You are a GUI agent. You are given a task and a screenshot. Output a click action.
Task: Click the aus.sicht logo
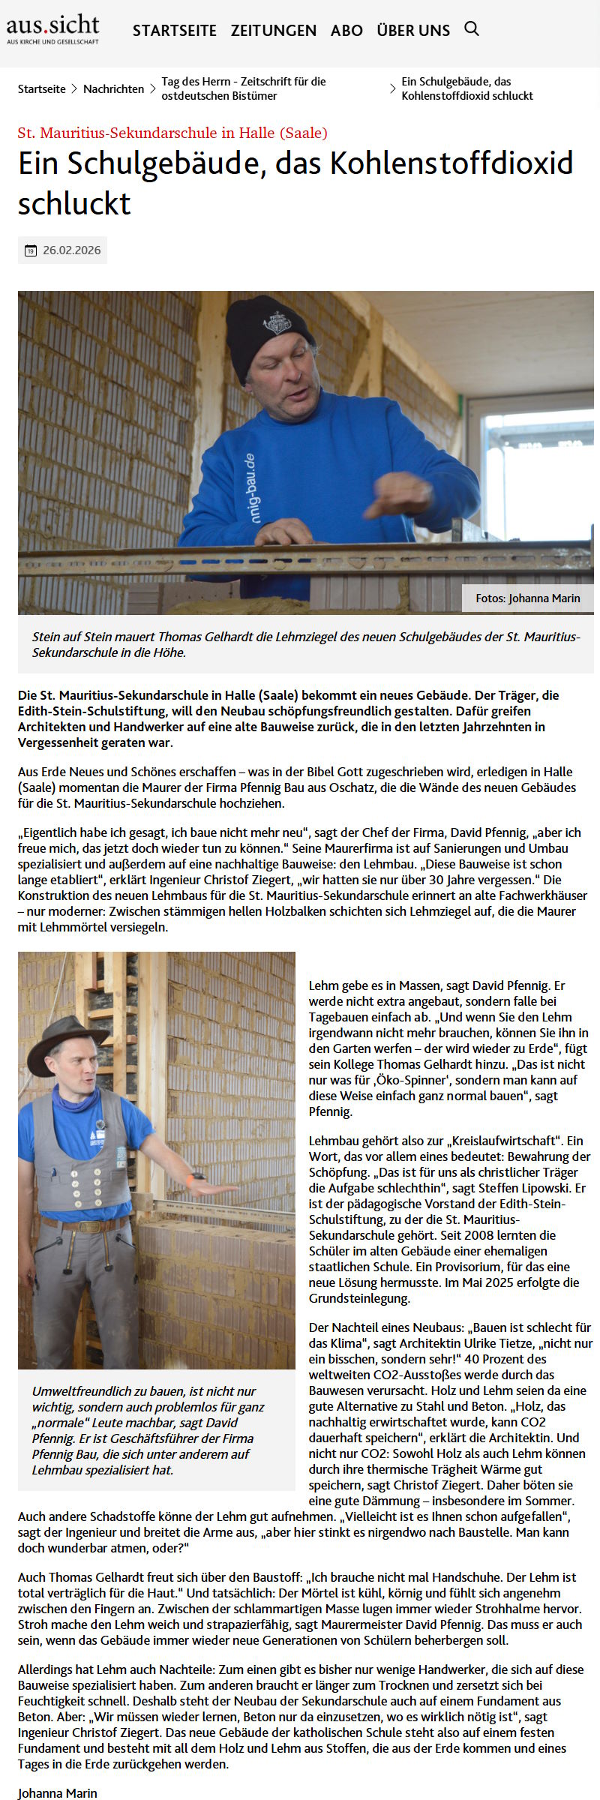click(x=52, y=29)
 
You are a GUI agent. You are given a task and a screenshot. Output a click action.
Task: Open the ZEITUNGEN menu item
click(x=273, y=31)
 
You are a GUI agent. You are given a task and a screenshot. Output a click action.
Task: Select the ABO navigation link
click(x=346, y=31)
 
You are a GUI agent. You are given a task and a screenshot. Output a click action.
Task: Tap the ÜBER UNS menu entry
click(x=413, y=31)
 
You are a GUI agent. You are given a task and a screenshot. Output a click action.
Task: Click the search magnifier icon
click(x=472, y=29)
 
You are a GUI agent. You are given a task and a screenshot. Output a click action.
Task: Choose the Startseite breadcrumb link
click(x=42, y=88)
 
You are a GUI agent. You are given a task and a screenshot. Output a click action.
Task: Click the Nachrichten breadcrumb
click(x=113, y=88)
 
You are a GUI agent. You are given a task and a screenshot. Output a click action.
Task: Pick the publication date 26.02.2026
click(x=71, y=250)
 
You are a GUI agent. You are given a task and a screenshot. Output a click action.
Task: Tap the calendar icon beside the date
click(x=31, y=250)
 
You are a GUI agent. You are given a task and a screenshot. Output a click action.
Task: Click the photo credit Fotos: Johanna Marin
click(x=527, y=598)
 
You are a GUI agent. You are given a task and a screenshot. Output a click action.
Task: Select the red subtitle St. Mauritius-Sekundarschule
click(x=172, y=133)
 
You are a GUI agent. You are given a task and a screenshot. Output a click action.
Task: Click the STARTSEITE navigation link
click(x=174, y=31)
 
